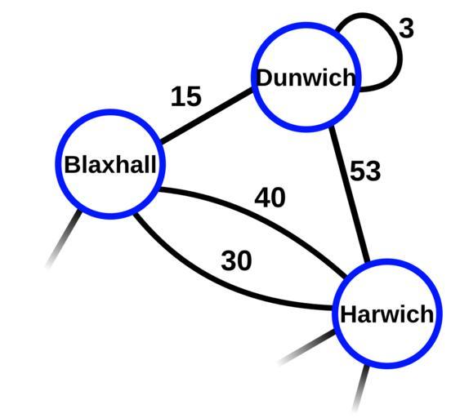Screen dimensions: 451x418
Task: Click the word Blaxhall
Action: click(x=110, y=164)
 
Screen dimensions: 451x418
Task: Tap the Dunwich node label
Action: click(x=306, y=78)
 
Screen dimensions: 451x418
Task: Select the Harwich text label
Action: click(x=387, y=313)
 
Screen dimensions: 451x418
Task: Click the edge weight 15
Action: click(x=186, y=96)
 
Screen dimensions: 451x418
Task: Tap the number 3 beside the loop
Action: click(x=406, y=29)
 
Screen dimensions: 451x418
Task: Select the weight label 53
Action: click(x=365, y=171)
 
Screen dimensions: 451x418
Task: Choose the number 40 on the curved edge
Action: click(x=270, y=198)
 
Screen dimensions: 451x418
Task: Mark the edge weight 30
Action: click(x=236, y=260)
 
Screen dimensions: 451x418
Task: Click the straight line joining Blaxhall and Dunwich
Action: click(x=207, y=115)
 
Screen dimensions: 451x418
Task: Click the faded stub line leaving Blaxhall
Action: click(x=64, y=239)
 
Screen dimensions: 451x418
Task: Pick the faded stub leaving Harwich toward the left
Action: click(x=306, y=347)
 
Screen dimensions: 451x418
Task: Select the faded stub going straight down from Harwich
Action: click(x=361, y=388)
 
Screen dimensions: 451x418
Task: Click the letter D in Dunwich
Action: click(x=265, y=78)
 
